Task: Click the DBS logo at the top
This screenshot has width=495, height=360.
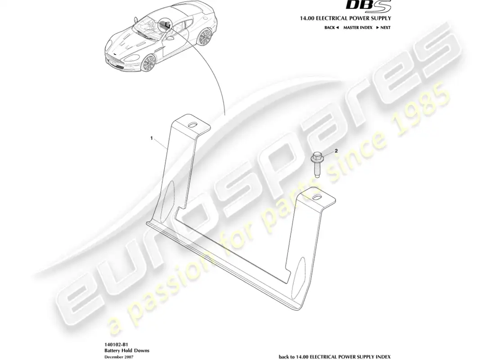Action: [x=369, y=5]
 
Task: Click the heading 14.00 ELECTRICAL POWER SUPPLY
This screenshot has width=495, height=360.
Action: [x=345, y=18]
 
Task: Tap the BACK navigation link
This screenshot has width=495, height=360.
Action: [x=332, y=27]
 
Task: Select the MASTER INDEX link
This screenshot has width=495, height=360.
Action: [x=358, y=27]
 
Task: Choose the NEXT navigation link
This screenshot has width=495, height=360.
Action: [x=383, y=27]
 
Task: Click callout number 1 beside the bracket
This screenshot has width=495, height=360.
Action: [x=152, y=138]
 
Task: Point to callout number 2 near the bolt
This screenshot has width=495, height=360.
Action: [x=336, y=151]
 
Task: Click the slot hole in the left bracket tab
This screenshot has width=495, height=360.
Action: [x=192, y=125]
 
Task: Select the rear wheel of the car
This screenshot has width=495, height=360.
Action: [x=204, y=37]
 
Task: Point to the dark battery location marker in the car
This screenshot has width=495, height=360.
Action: [x=165, y=25]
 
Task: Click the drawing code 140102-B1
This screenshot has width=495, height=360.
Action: [x=116, y=345]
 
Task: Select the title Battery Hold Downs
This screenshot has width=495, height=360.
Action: [x=127, y=351]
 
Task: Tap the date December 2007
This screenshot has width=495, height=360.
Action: [x=119, y=356]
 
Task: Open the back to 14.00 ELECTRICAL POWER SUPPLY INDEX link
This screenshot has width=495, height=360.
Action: [x=335, y=356]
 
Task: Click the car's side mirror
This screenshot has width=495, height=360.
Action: [x=171, y=38]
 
